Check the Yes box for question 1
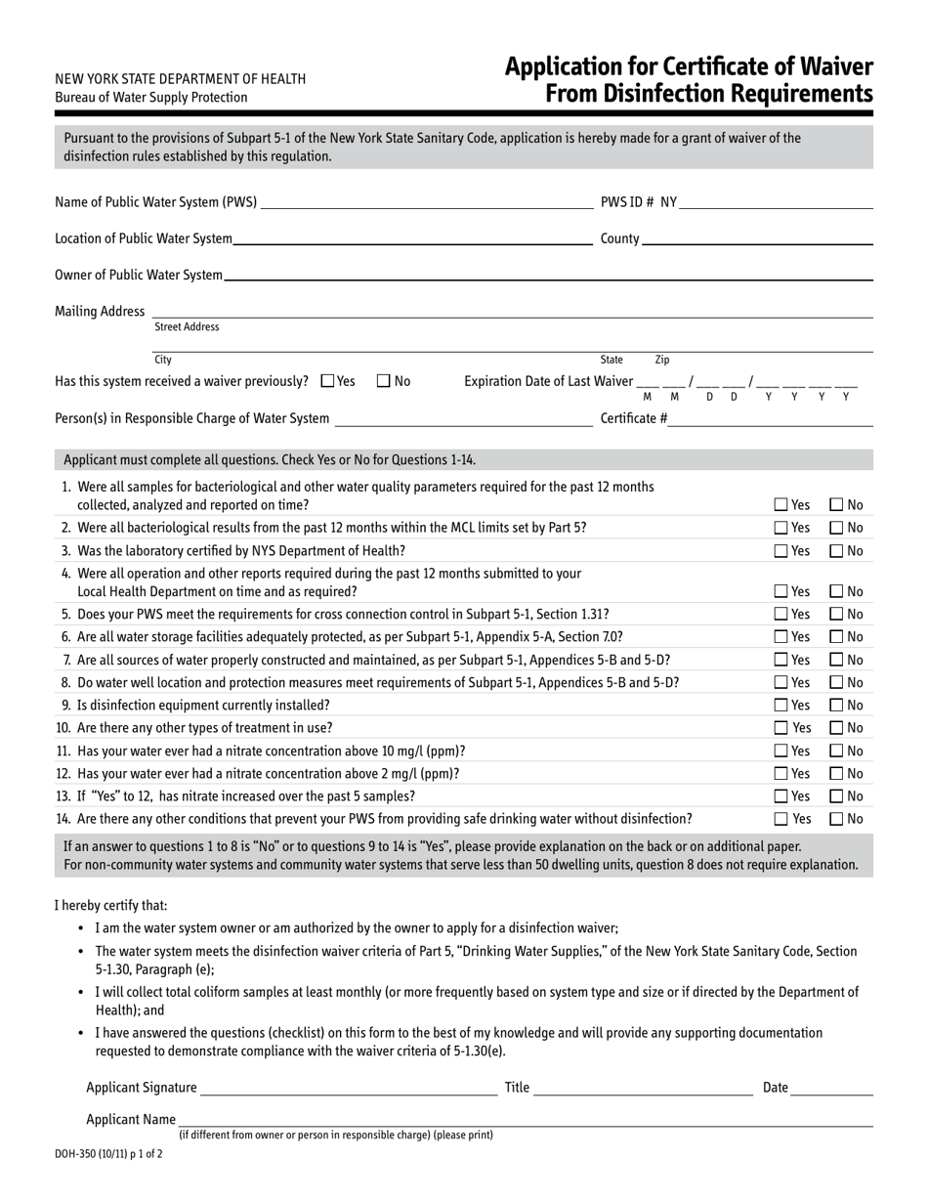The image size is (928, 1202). point(781,505)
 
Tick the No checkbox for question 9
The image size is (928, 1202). point(837,705)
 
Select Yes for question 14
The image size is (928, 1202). point(781,819)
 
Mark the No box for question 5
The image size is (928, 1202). point(837,614)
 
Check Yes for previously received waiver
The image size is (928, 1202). point(327,381)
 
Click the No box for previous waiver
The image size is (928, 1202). point(384,381)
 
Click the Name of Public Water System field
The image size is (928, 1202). point(427,202)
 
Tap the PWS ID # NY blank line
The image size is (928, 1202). point(776,202)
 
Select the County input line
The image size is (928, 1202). point(757,238)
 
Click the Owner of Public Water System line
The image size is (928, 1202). point(547,275)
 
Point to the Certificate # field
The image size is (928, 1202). point(771,418)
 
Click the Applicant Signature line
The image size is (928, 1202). point(349,1088)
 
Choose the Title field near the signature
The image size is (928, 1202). point(643,1088)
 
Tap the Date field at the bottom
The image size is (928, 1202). point(831,1088)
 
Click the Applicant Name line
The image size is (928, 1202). point(525,1120)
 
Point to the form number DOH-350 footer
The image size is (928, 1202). point(108,1153)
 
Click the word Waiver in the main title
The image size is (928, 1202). point(826,67)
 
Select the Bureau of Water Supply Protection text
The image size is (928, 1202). point(151,98)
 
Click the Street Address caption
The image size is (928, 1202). point(188,327)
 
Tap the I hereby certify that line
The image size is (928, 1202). point(110,906)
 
